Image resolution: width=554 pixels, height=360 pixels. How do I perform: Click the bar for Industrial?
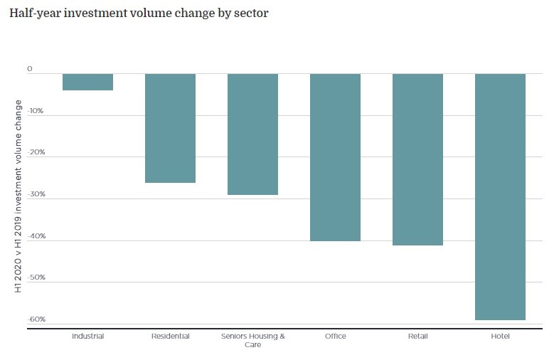tap(87, 82)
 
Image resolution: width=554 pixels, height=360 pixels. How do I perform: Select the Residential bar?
tap(170, 128)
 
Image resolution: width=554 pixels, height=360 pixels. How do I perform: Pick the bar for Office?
tap(335, 157)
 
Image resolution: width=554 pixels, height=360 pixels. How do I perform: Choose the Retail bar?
tap(417, 159)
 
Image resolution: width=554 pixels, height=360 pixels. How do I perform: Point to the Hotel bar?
tap(500, 196)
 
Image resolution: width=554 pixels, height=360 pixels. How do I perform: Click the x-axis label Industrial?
tap(87, 336)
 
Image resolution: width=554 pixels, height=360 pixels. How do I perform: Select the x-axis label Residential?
tap(170, 336)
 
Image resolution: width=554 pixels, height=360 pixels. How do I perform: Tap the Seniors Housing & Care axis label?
tap(252, 340)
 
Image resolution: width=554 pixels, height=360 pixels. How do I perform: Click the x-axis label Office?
tap(335, 336)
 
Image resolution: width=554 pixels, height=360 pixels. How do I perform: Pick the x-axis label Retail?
tap(417, 336)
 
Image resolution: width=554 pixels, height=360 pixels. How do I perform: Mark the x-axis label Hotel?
tap(500, 336)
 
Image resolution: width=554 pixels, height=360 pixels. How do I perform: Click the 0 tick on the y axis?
tap(30, 69)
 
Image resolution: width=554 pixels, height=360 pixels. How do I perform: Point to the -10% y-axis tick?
tap(35, 111)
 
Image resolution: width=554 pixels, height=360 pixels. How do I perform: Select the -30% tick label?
tap(35, 194)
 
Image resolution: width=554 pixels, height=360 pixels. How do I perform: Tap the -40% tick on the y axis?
tap(35, 236)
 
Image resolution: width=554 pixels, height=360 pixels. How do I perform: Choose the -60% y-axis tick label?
tap(35, 319)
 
